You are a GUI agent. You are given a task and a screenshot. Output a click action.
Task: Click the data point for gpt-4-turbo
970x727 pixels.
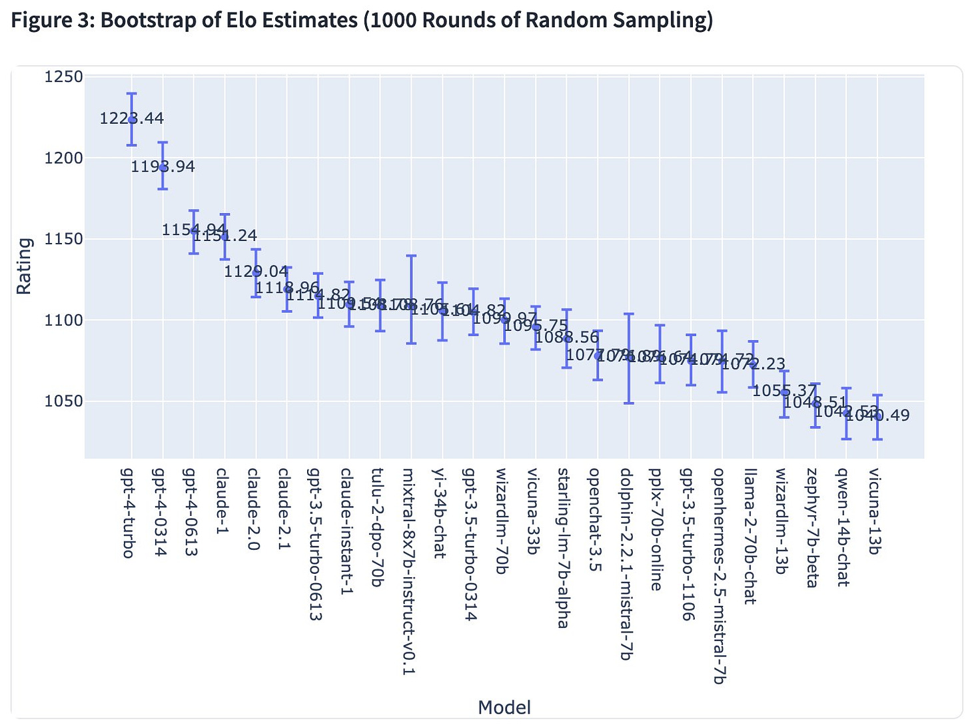click(132, 119)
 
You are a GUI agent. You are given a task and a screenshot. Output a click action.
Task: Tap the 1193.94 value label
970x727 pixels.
click(163, 167)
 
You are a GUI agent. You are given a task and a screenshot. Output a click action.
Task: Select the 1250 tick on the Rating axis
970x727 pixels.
click(64, 77)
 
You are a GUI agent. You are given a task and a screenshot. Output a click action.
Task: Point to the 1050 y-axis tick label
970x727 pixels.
click(64, 401)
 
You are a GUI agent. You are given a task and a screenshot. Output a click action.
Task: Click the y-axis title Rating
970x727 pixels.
click(25, 266)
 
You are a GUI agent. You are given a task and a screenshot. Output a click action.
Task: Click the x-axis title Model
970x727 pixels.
click(504, 707)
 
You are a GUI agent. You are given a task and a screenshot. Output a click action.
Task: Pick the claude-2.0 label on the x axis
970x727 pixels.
click(254, 510)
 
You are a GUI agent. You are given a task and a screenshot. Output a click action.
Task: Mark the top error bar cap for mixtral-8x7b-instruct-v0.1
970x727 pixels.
click(411, 256)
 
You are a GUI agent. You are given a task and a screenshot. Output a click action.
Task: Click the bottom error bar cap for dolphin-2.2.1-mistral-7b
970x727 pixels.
click(629, 403)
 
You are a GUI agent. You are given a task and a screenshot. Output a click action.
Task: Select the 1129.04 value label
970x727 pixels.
click(256, 272)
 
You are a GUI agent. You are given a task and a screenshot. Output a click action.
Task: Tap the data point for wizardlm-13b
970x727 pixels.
click(785, 391)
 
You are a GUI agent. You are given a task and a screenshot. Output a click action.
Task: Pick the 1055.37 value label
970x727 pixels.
click(784, 391)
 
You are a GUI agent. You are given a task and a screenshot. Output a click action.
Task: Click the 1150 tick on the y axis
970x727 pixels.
click(64, 239)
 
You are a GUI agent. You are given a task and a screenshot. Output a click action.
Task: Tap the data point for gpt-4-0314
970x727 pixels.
click(163, 167)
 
